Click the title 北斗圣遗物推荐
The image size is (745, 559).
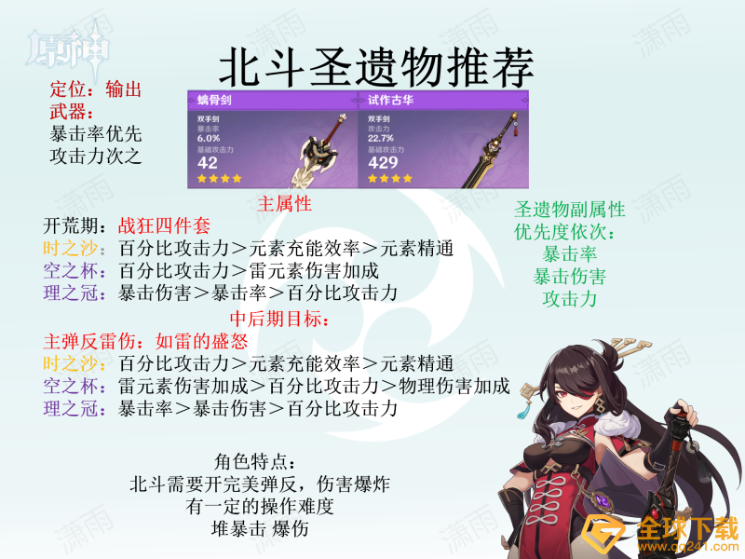pos(376,68)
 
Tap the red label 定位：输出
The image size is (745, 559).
pos(95,90)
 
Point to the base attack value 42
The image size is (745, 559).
pos(208,162)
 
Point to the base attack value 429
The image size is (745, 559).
pos(383,162)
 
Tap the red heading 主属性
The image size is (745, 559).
pos(284,204)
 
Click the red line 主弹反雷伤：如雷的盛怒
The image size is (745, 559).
pos(136,341)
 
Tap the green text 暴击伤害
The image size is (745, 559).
pos(570,277)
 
